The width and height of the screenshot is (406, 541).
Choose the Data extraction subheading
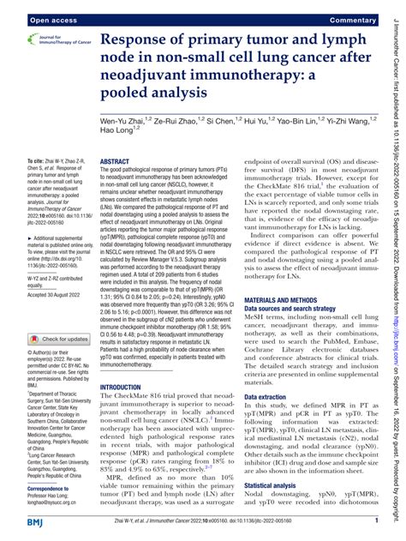[x=273, y=398]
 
